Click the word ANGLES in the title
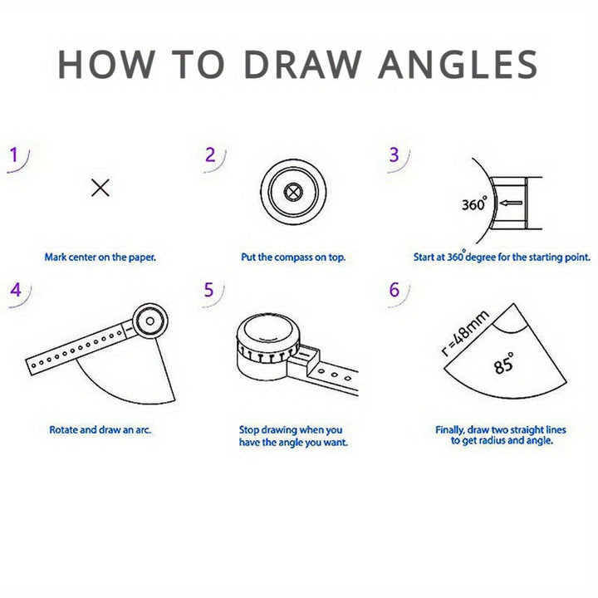click(x=458, y=64)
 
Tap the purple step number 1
click(x=14, y=154)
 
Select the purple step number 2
click(x=210, y=154)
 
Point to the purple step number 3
click(x=394, y=154)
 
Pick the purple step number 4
click(x=16, y=290)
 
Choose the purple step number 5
click(x=208, y=290)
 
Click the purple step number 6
click(x=394, y=290)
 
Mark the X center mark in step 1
click(x=100, y=188)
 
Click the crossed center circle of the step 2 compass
click(x=293, y=192)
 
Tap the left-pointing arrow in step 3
click(x=511, y=203)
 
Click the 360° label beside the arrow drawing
click(x=474, y=203)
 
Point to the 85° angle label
click(x=504, y=363)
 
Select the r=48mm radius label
click(x=465, y=333)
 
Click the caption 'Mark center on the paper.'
click(x=100, y=257)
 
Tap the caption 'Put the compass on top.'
click(x=293, y=257)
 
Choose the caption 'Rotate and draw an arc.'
click(x=100, y=430)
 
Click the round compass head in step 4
click(x=149, y=321)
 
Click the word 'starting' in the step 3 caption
click(x=542, y=257)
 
